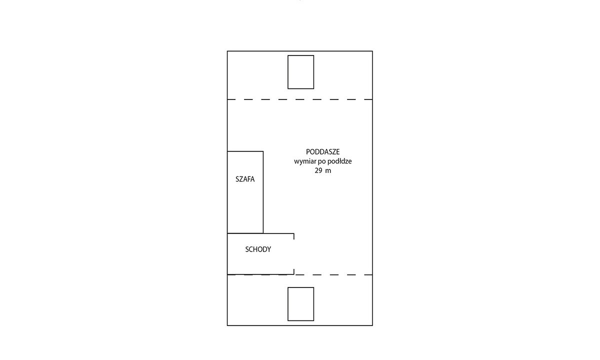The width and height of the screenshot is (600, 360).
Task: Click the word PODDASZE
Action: pyautogui.click(x=323, y=152)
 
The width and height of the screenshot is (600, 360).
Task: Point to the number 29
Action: pyautogui.click(x=318, y=170)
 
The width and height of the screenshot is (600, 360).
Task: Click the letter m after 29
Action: pyautogui.click(x=328, y=171)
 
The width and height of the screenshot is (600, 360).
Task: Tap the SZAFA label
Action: pyautogui.click(x=245, y=179)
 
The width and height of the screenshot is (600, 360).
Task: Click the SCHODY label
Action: pyautogui.click(x=258, y=249)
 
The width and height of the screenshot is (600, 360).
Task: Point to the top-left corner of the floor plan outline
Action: pyautogui.click(x=227, y=51)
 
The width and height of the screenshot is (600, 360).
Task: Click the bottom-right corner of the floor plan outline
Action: pyautogui.click(x=372, y=325)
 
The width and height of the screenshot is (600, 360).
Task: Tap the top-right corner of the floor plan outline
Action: pyautogui.click(x=372, y=51)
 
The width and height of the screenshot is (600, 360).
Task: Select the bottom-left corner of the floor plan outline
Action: pyautogui.click(x=227, y=325)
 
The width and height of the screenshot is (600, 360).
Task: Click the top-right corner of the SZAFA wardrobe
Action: pyautogui.click(x=263, y=151)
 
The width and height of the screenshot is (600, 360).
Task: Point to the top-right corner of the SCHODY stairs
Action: pyautogui.click(x=294, y=233)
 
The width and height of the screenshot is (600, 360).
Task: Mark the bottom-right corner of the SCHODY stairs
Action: pyautogui.click(x=294, y=274)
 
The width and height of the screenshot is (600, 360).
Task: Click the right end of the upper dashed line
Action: pyautogui.click(x=372, y=99)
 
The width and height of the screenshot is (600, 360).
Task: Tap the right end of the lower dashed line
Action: pyautogui.click(x=372, y=275)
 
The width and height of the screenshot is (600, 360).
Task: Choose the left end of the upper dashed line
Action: pyautogui.click(x=227, y=99)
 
